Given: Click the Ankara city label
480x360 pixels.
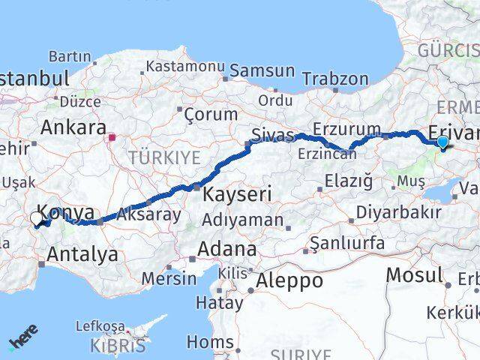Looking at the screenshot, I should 72,127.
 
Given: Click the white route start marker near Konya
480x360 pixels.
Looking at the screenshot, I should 37,219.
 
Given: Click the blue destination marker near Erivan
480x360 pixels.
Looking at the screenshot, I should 442,141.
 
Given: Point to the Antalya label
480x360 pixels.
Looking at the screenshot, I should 82,254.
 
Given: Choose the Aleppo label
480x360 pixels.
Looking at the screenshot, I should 289,281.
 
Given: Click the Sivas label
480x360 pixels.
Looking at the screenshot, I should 268,136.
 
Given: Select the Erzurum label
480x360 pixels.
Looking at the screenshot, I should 337,128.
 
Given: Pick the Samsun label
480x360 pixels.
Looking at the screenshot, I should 262,70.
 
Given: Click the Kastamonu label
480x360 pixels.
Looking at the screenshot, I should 185,66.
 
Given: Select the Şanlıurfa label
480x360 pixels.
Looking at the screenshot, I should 352,243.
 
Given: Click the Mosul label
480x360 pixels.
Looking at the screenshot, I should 414,275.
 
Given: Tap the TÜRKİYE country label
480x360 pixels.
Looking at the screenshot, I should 163,158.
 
